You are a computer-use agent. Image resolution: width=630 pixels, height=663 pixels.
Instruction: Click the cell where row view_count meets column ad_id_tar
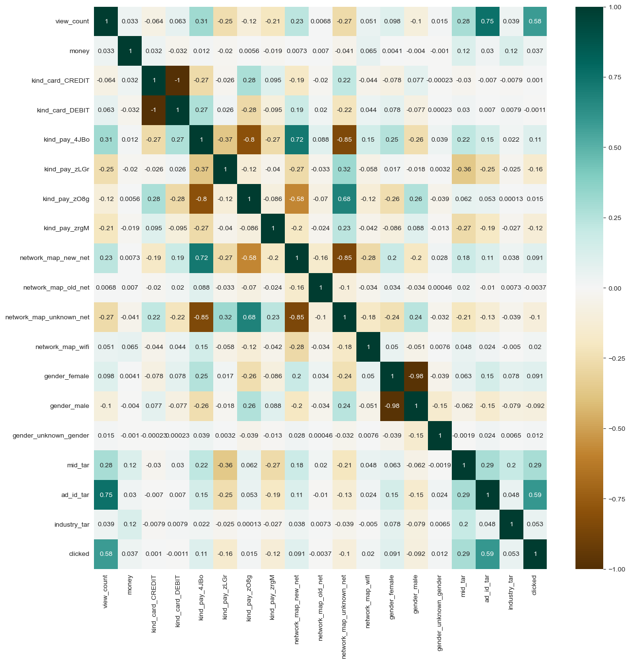pyautogui.click(x=487, y=21)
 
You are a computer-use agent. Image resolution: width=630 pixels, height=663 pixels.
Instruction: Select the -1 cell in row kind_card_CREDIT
pyautogui.click(x=177, y=80)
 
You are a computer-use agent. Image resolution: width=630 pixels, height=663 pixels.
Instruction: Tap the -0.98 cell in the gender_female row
pyautogui.click(x=416, y=376)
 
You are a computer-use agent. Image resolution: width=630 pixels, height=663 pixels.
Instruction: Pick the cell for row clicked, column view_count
pyautogui.click(x=106, y=554)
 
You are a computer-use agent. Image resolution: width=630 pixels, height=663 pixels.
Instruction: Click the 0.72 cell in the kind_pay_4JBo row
pyautogui.click(x=296, y=140)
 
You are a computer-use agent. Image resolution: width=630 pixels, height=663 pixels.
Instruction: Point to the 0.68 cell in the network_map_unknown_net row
pyautogui.click(x=249, y=317)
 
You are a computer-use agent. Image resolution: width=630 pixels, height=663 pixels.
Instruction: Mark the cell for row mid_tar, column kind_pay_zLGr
pyautogui.click(x=225, y=465)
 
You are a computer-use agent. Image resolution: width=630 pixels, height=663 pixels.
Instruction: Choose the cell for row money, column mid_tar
pyautogui.click(x=463, y=51)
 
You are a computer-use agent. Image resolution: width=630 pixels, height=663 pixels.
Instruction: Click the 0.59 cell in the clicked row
pyautogui.click(x=487, y=554)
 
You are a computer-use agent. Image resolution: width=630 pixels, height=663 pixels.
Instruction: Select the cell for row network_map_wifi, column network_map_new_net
pyautogui.click(x=296, y=347)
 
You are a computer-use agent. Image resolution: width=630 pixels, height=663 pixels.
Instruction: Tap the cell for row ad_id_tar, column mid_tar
pyautogui.click(x=463, y=495)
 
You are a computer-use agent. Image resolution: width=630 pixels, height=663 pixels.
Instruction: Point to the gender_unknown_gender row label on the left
pyautogui.click(x=51, y=436)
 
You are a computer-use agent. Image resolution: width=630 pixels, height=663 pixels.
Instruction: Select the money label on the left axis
pyautogui.click(x=79, y=51)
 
